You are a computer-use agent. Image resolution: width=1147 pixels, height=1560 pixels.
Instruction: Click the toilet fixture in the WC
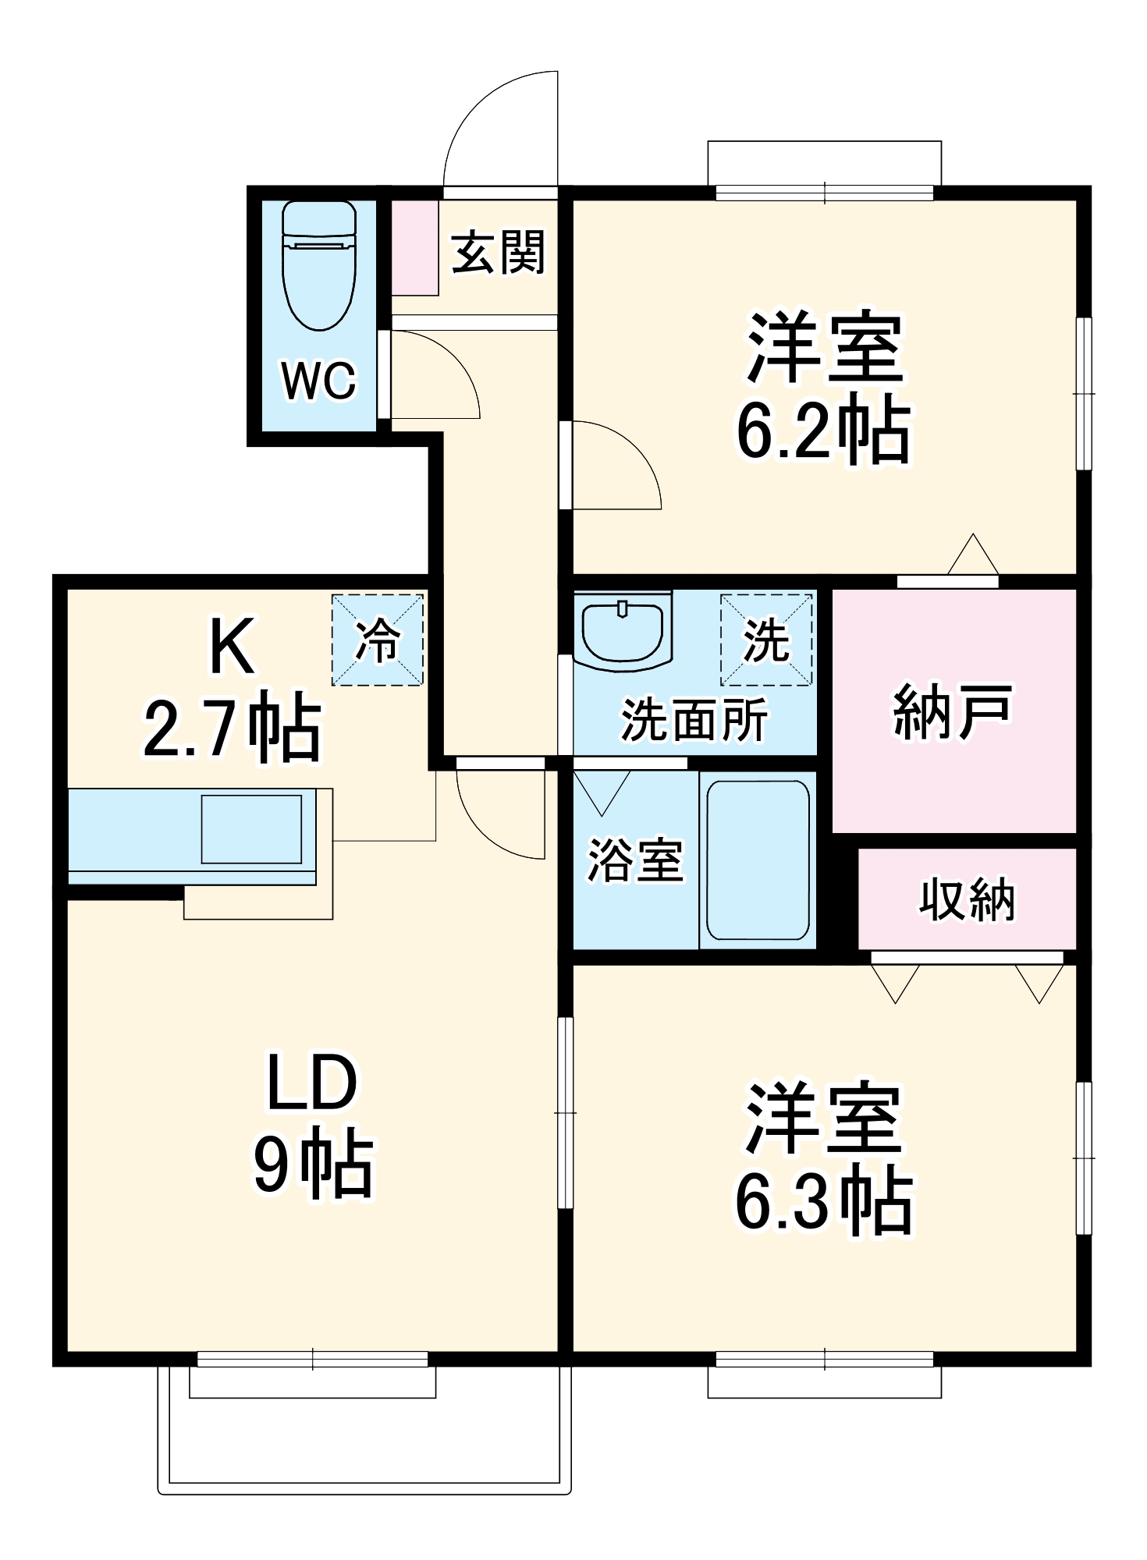click(x=319, y=265)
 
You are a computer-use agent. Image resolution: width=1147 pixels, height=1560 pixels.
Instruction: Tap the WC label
click(x=318, y=381)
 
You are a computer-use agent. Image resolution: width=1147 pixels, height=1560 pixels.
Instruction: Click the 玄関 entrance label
click(x=498, y=253)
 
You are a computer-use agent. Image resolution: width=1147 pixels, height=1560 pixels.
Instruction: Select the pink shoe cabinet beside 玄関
click(x=414, y=247)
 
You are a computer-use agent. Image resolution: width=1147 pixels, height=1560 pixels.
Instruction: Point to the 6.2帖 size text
click(x=824, y=429)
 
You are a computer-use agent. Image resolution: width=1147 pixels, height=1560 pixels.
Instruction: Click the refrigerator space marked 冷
click(x=378, y=640)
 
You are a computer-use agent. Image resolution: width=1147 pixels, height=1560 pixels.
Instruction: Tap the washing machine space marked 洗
click(x=766, y=640)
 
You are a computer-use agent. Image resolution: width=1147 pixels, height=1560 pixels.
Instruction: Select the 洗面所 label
click(x=694, y=719)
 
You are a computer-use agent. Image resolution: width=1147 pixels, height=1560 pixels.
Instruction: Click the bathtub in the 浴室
click(x=758, y=860)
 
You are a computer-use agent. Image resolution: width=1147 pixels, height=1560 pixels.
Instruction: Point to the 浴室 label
click(x=634, y=860)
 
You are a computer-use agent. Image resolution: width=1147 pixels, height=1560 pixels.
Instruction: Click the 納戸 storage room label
click(x=952, y=711)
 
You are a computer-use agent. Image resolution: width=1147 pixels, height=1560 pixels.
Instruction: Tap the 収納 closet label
click(x=967, y=899)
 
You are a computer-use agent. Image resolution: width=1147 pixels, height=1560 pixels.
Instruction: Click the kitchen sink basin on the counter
click(x=251, y=829)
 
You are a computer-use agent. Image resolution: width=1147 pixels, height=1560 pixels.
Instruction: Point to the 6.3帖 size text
click(x=824, y=1200)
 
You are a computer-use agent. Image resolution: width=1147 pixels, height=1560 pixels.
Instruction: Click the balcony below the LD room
click(x=364, y=1443)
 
